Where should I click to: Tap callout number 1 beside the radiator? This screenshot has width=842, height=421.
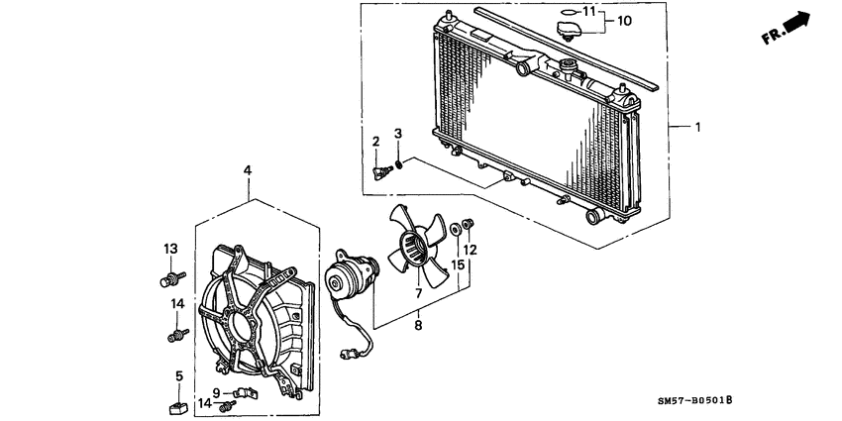[698, 127]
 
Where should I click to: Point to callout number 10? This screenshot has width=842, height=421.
[625, 20]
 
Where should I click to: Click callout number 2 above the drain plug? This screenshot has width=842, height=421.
[376, 142]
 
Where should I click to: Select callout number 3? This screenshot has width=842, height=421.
[398, 133]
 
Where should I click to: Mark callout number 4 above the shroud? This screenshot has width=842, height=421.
[247, 170]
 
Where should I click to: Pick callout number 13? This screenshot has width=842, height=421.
[169, 248]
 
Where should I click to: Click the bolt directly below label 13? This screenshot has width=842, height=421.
[171, 278]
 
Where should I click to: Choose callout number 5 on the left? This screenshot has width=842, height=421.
[179, 376]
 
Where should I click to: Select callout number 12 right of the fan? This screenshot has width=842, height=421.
[471, 251]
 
